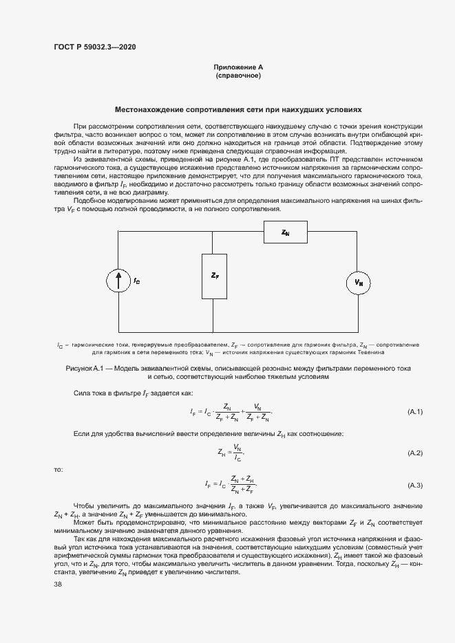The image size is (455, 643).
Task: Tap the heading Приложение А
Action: point(238,67)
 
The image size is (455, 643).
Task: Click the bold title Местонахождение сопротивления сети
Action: point(237,109)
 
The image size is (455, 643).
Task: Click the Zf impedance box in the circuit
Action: point(214,276)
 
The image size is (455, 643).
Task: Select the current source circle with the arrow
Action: point(119,281)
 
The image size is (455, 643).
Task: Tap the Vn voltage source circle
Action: point(358,282)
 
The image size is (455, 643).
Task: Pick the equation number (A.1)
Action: point(415,411)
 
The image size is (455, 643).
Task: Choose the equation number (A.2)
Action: point(415,453)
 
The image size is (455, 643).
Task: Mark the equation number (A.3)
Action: point(415,485)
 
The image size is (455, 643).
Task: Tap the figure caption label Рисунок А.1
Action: point(83,369)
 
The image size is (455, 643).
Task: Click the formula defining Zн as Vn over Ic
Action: point(231,453)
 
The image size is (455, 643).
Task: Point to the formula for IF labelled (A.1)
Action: point(231,411)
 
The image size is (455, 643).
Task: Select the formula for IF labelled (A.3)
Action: point(231,485)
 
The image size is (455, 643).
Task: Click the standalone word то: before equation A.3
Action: point(58,469)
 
